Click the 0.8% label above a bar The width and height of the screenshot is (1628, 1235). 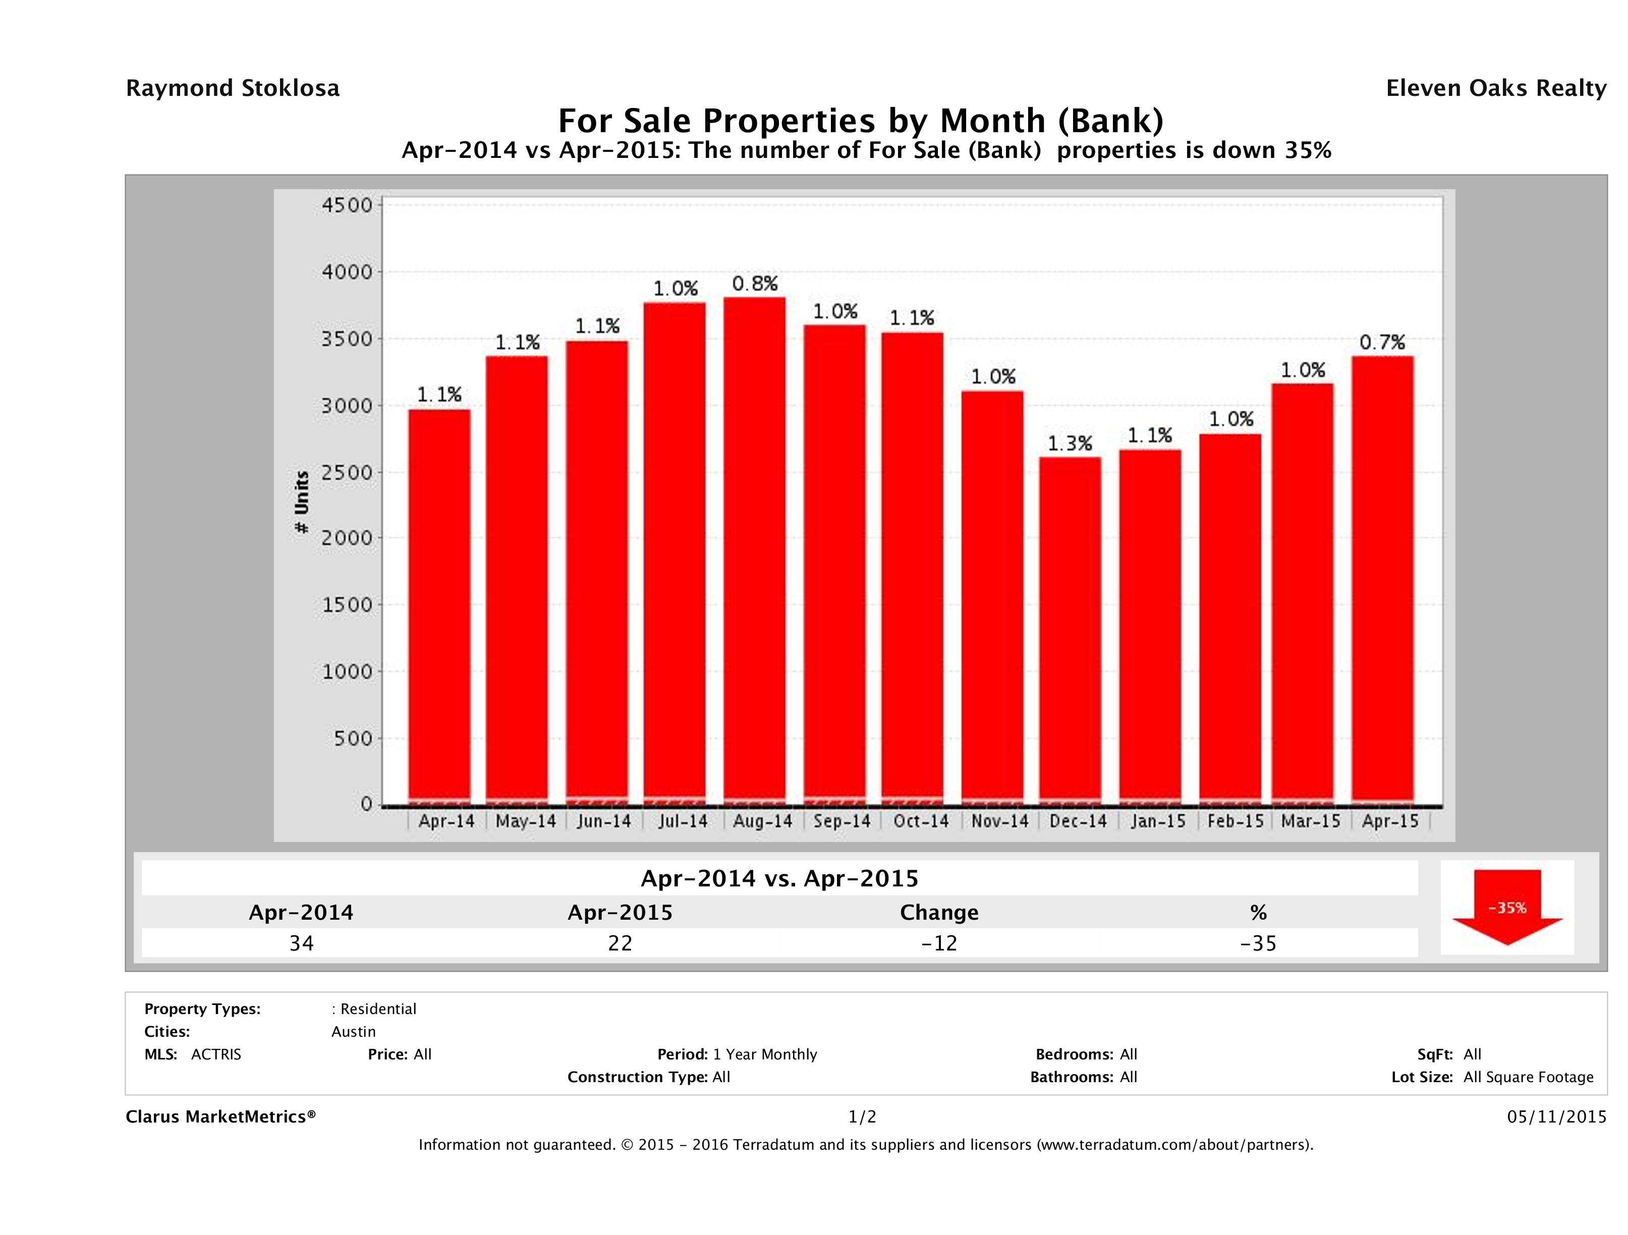[x=754, y=284]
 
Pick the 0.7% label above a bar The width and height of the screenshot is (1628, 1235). [x=1382, y=342]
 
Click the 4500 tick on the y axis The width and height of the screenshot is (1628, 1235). [x=348, y=205]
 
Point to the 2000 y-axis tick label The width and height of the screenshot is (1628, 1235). [x=348, y=538]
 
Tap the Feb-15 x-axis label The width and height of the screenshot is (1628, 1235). [x=1235, y=821]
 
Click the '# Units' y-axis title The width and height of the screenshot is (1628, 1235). [x=302, y=502]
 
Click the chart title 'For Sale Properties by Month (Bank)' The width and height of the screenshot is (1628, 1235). [x=860, y=121]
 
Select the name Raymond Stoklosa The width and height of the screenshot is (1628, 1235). [x=233, y=88]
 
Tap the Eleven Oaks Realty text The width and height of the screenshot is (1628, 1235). [x=1495, y=88]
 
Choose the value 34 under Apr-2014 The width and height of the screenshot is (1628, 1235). [x=302, y=943]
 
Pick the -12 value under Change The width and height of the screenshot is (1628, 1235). [x=939, y=943]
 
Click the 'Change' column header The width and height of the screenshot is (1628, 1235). [x=939, y=913]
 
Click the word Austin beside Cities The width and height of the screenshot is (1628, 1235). [x=353, y=1032]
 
